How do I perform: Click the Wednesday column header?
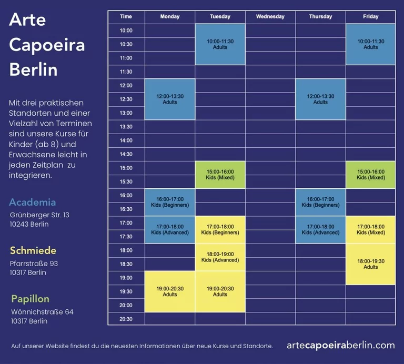pyautogui.click(x=270, y=16)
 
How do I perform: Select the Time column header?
pyautogui.click(x=126, y=16)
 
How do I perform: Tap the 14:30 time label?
pyautogui.click(x=126, y=154)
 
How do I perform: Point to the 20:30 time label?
pyautogui.click(x=126, y=319)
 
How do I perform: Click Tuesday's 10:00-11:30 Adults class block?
pyautogui.click(x=220, y=44)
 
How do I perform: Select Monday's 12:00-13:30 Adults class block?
pyautogui.click(x=170, y=99)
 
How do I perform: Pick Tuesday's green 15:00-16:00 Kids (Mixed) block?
pyautogui.click(x=220, y=175)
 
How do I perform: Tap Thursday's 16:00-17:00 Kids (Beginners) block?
pyautogui.click(x=320, y=202)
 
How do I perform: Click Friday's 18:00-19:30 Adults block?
pyautogui.click(x=370, y=264)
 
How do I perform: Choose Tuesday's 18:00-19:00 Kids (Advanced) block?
pyautogui.click(x=220, y=257)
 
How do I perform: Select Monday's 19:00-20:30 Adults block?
pyautogui.click(x=170, y=291)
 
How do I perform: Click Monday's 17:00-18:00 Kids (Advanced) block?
pyautogui.click(x=170, y=229)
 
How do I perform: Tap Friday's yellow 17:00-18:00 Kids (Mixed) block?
pyautogui.click(x=370, y=229)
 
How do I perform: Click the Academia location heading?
pyautogui.click(x=33, y=202)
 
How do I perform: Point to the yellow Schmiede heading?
pyautogui.click(x=33, y=250)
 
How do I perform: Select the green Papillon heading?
pyautogui.click(x=31, y=299)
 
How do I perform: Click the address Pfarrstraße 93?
pyautogui.click(x=34, y=263)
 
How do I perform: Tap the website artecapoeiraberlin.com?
pyautogui.click(x=341, y=345)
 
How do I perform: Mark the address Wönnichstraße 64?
pyautogui.click(x=42, y=312)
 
